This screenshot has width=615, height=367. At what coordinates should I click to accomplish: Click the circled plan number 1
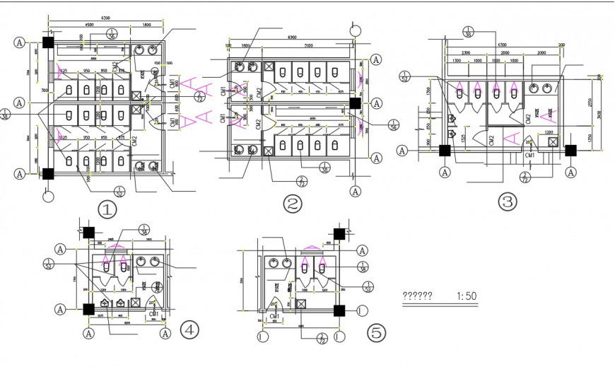(x=107, y=210)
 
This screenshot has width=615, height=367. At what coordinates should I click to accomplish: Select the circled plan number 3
(x=508, y=202)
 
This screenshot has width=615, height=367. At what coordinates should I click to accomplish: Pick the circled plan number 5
(x=376, y=331)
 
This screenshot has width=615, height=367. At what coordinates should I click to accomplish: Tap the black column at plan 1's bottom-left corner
(x=47, y=173)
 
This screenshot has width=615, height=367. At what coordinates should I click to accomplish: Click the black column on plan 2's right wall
(x=353, y=103)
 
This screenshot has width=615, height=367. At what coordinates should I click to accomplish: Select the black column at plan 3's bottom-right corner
(x=570, y=150)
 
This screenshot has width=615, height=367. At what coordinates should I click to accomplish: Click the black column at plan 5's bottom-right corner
(x=340, y=310)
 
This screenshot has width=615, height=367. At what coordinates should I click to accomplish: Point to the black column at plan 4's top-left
(x=89, y=233)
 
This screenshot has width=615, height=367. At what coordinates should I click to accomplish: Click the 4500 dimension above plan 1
(x=91, y=27)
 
